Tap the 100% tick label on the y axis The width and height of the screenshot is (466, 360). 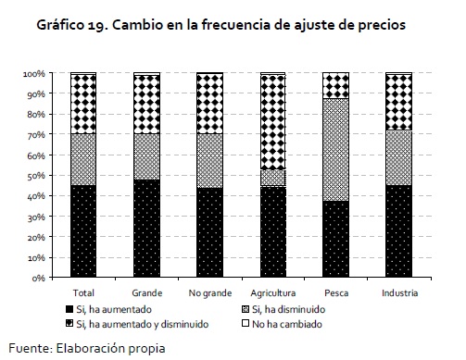pos(34,74)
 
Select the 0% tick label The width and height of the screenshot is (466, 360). pos(39,279)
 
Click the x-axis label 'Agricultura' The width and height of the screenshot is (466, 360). pos(273,292)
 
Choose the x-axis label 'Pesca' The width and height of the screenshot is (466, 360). pos(336,292)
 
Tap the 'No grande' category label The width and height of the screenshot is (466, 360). pos(210,292)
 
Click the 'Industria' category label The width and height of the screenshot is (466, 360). pos(399,292)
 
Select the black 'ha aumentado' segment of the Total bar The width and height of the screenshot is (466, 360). pos(83,231)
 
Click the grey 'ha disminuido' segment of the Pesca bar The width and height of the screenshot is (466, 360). pos(336,150)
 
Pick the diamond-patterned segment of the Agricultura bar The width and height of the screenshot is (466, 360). pos(273,122)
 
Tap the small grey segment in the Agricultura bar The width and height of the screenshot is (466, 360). pos(273,178)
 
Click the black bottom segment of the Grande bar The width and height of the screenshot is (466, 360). pos(146,229)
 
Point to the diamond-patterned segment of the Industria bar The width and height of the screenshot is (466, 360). pos(399,103)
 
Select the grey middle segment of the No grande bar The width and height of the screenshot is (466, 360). pos(210,161)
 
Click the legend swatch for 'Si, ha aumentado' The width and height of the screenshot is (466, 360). pos(69,309)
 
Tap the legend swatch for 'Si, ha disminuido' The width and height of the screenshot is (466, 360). pos(246,309)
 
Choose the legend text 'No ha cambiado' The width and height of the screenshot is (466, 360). pos(287,324)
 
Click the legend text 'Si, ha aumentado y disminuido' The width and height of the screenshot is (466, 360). pos(143,324)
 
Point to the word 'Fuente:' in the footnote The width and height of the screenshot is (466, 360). pos(31,348)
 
